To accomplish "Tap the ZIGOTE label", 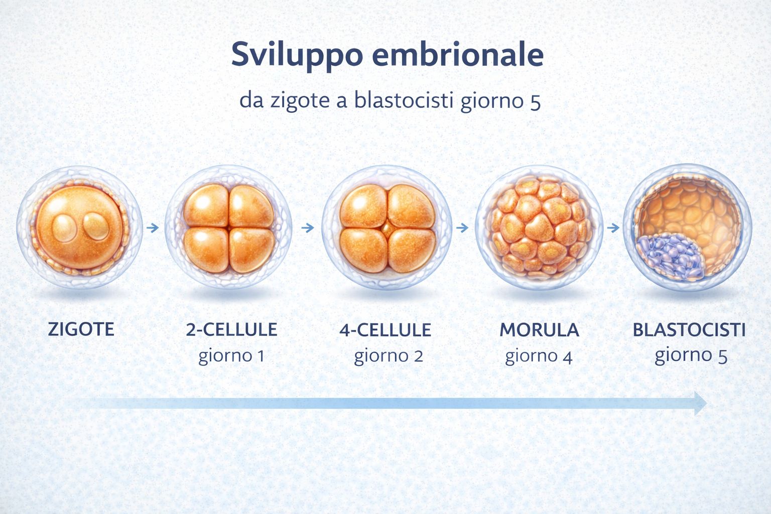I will click(x=81, y=329).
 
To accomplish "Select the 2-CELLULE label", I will click(x=231, y=330).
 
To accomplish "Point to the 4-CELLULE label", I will click(x=385, y=330).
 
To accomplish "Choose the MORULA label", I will click(x=539, y=330).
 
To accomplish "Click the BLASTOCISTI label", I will click(x=689, y=330).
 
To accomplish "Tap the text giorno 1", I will click(x=231, y=356).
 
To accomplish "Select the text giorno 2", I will click(x=389, y=356).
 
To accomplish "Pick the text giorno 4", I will click(x=539, y=356).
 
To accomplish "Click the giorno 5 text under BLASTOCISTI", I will click(x=691, y=355).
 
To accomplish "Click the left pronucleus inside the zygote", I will click(x=65, y=228).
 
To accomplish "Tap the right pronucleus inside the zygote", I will click(x=96, y=225).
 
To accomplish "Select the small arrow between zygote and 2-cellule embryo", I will click(x=153, y=228).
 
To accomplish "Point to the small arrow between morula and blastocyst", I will click(x=613, y=228).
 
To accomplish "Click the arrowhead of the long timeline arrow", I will click(x=701, y=403).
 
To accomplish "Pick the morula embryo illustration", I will click(x=539, y=227).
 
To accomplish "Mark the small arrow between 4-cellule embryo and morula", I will click(x=462, y=228).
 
